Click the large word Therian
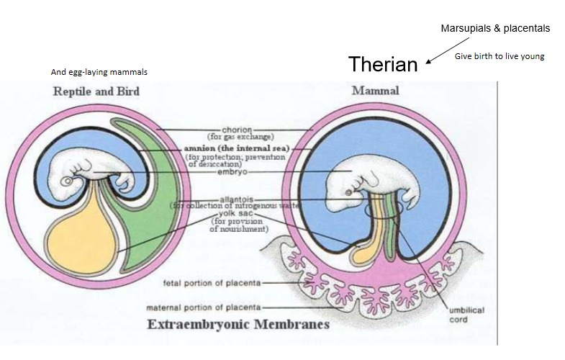click(x=383, y=64)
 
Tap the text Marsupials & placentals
click(x=495, y=29)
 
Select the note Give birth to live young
click(x=499, y=56)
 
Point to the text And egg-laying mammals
click(x=99, y=73)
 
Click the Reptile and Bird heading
click(x=96, y=91)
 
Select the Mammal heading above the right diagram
click(x=375, y=91)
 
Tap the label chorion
click(x=237, y=130)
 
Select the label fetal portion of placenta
click(x=212, y=282)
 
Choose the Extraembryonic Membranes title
click(x=238, y=325)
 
